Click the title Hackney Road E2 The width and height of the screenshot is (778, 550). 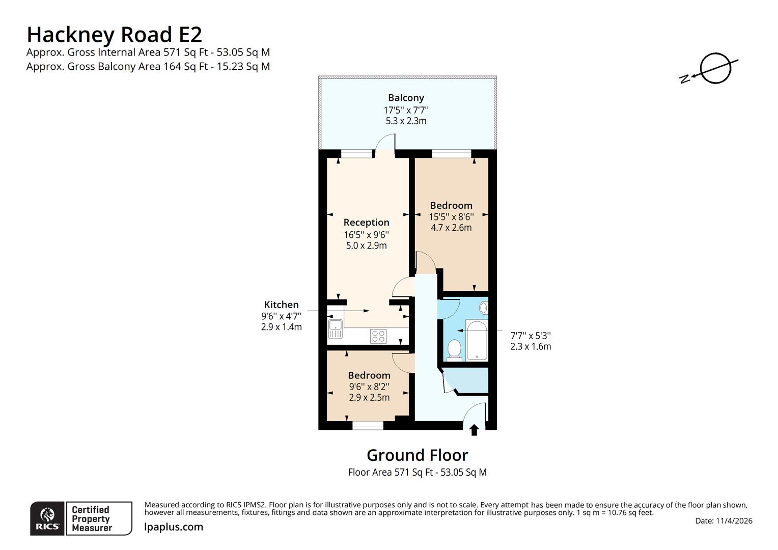pos(114,35)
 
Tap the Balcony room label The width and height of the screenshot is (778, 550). pos(406,98)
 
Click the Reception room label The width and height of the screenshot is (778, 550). pos(366,223)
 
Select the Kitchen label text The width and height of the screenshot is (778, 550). pos(281,305)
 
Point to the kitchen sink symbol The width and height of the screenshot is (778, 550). pos(336,328)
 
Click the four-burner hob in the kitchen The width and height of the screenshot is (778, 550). pos(378,336)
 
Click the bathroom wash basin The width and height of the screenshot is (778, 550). pos(484,308)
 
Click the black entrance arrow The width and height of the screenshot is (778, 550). pos(474,430)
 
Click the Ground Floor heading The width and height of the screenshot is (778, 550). pos(417,455)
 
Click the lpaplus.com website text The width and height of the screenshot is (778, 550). pos(174,527)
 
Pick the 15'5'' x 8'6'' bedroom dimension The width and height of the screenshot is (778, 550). pos(451,217)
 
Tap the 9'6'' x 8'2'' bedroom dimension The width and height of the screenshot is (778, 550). pos(369,387)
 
